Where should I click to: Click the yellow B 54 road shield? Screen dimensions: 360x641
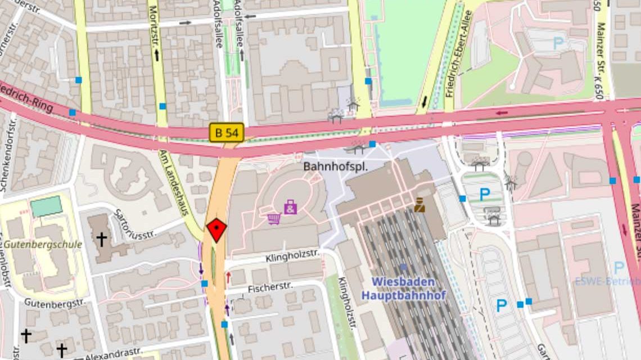[x=227, y=132]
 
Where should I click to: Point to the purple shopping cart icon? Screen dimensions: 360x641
[x=274, y=218]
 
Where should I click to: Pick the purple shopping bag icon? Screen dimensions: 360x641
[x=291, y=207]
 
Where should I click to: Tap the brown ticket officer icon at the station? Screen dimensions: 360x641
[x=419, y=205]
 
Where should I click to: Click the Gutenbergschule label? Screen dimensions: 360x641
[x=43, y=245]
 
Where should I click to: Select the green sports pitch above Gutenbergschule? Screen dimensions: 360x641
[x=46, y=206]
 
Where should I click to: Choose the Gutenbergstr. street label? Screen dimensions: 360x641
[x=54, y=303]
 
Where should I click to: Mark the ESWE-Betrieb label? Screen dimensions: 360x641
[x=607, y=281]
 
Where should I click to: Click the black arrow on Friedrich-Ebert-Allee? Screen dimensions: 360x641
[x=425, y=102]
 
